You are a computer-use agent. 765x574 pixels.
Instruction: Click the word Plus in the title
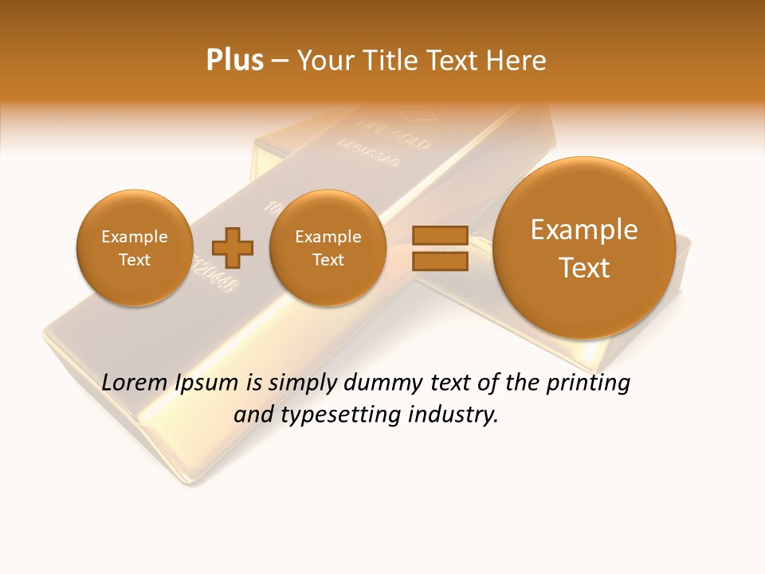(234, 61)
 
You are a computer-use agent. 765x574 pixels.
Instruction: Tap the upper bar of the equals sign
(439, 235)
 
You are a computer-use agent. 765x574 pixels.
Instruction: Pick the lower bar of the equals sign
(439, 261)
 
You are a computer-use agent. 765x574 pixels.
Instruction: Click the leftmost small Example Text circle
(134, 247)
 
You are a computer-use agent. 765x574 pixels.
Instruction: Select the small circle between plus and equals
(328, 247)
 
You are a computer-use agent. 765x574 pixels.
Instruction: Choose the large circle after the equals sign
(584, 247)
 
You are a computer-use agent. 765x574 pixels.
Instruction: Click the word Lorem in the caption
(135, 383)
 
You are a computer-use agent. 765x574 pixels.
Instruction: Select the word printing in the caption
(587, 383)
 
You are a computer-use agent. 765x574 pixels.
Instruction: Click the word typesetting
(339, 415)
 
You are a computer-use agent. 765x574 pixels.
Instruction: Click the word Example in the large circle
(584, 230)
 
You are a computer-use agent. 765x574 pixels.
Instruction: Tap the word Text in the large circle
(584, 268)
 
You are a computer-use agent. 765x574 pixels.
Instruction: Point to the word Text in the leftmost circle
(134, 260)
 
